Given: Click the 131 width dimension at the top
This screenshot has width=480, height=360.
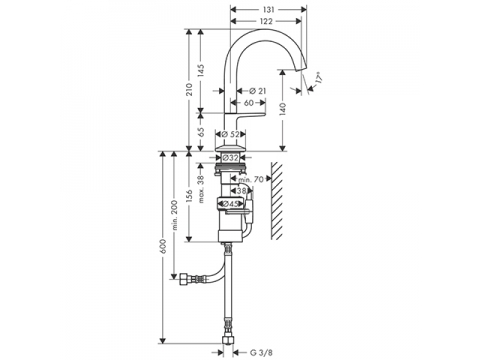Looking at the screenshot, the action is [269, 10].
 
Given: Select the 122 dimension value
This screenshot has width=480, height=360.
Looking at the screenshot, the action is [266, 21].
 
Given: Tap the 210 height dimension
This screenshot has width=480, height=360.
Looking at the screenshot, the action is [189, 89].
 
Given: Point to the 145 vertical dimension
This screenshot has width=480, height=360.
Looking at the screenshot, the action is [201, 70].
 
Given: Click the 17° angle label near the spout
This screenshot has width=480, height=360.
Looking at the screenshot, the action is [319, 79].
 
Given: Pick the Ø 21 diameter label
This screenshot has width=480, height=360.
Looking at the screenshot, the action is [258, 91].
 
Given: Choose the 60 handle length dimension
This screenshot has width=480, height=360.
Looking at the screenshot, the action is [249, 103].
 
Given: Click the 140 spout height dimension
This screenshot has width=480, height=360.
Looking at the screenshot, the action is [283, 109].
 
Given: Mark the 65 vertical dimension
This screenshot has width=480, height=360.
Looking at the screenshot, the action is [201, 132].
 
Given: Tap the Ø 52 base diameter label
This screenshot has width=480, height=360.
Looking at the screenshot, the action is [231, 134].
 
